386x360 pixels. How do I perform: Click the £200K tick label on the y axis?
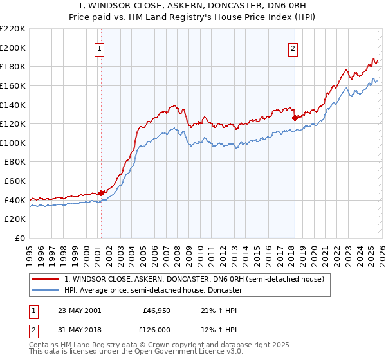[13, 48]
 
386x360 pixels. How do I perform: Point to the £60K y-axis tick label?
[15, 181]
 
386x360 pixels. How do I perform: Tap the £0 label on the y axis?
[21, 238]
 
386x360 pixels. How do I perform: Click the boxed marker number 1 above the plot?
[100, 48]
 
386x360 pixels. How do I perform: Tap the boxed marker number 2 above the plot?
[293, 48]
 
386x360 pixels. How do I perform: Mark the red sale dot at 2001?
[101, 193]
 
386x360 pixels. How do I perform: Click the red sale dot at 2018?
[295, 118]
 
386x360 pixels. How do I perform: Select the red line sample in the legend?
[45, 279]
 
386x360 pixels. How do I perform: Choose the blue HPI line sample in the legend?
[45, 290]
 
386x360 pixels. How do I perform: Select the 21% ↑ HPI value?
[219, 310]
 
